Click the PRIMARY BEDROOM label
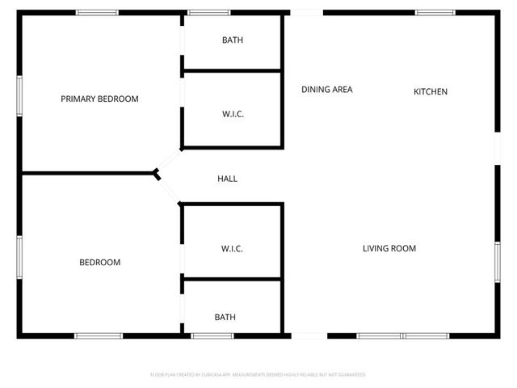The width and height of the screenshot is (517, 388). (99, 99)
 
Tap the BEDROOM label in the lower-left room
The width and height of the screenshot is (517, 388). (99, 263)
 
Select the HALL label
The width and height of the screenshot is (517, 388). (228, 179)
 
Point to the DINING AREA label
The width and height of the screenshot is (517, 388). (327, 90)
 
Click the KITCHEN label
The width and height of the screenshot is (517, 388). (431, 92)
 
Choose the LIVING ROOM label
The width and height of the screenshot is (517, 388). (389, 249)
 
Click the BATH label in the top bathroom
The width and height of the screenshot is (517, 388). (233, 40)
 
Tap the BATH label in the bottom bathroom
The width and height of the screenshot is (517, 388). (225, 318)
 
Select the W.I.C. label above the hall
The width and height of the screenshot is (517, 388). (233, 115)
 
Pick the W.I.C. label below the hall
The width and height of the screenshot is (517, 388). (232, 249)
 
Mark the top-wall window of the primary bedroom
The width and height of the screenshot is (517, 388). (97, 12)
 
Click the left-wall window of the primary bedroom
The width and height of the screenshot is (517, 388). (19, 98)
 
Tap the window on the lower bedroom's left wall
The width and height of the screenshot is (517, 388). (19, 258)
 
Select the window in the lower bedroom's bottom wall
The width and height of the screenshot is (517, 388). (99, 335)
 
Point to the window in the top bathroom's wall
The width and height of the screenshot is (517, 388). (203, 12)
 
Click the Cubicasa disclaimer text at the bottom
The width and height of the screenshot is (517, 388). (258, 375)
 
